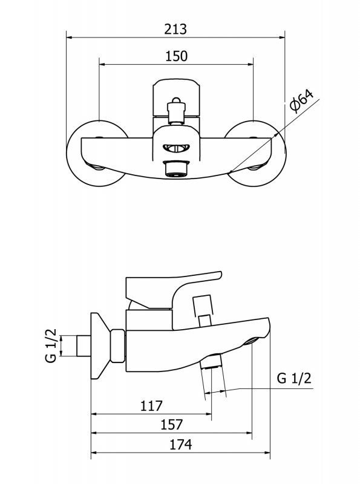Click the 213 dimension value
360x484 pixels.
click(175, 29)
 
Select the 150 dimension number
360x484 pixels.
click(176, 56)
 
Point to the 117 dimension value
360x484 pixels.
click(151, 405)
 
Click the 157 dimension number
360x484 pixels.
click(171, 425)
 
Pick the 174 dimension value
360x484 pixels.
click(181, 445)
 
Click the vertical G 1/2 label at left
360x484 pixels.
click(51, 345)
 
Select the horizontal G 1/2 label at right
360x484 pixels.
click(294, 378)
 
